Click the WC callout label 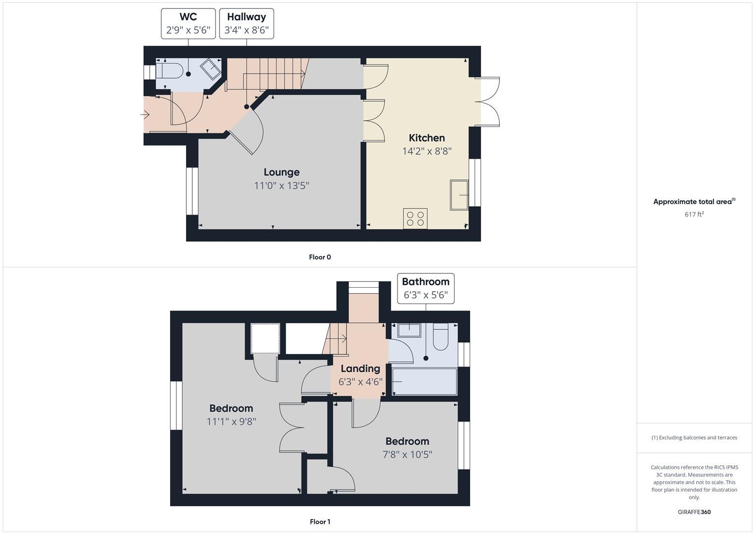click(188, 17)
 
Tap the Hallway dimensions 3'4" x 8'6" click(246, 30)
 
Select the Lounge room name click(281, 172)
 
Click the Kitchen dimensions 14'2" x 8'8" click(427, 151)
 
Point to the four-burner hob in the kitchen click(415, 219)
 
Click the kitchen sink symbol click(459, 195)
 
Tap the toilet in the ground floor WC click(168, 70)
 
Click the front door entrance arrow click(145, 115)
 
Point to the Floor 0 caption click(320, 257)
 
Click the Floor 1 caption click(320, 522)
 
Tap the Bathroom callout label click(425, 282)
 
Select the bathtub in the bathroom click(425, 382)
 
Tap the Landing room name click(360, 368)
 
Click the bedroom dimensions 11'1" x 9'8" click(231, 422)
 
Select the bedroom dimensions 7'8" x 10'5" click(407, 454)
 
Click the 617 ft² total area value click(694, 214)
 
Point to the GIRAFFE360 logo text click(694, 512)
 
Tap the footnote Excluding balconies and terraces click(694, 438)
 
